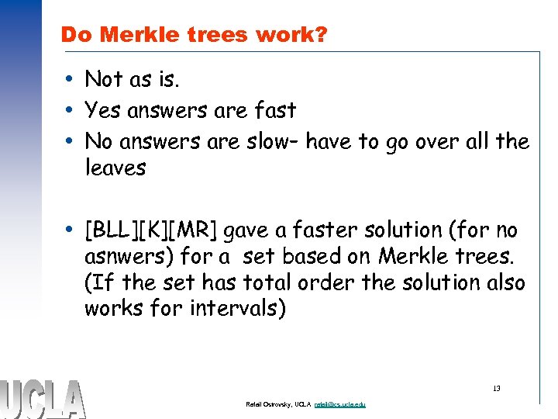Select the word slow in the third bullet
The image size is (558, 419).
coord(277,141)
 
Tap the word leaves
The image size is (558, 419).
coord(115,168)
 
